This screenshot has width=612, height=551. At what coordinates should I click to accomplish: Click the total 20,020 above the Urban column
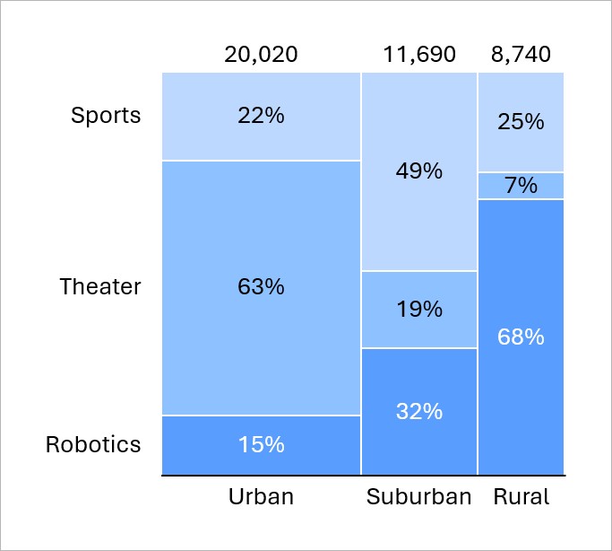261,55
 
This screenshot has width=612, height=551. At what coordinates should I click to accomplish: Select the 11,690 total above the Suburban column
419,55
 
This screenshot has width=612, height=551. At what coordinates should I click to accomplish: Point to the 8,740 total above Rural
521,55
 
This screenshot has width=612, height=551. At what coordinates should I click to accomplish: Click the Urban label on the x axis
261,496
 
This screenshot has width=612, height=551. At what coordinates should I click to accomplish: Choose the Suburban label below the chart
419,496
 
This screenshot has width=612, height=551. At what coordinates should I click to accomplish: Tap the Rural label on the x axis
521,496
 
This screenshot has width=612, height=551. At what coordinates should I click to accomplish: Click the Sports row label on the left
106,116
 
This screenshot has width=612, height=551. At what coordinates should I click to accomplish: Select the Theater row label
100,287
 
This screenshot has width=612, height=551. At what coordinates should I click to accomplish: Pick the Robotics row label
93,444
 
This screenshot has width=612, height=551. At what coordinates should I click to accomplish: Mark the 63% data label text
261,287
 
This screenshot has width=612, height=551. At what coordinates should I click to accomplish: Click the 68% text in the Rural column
521,337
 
